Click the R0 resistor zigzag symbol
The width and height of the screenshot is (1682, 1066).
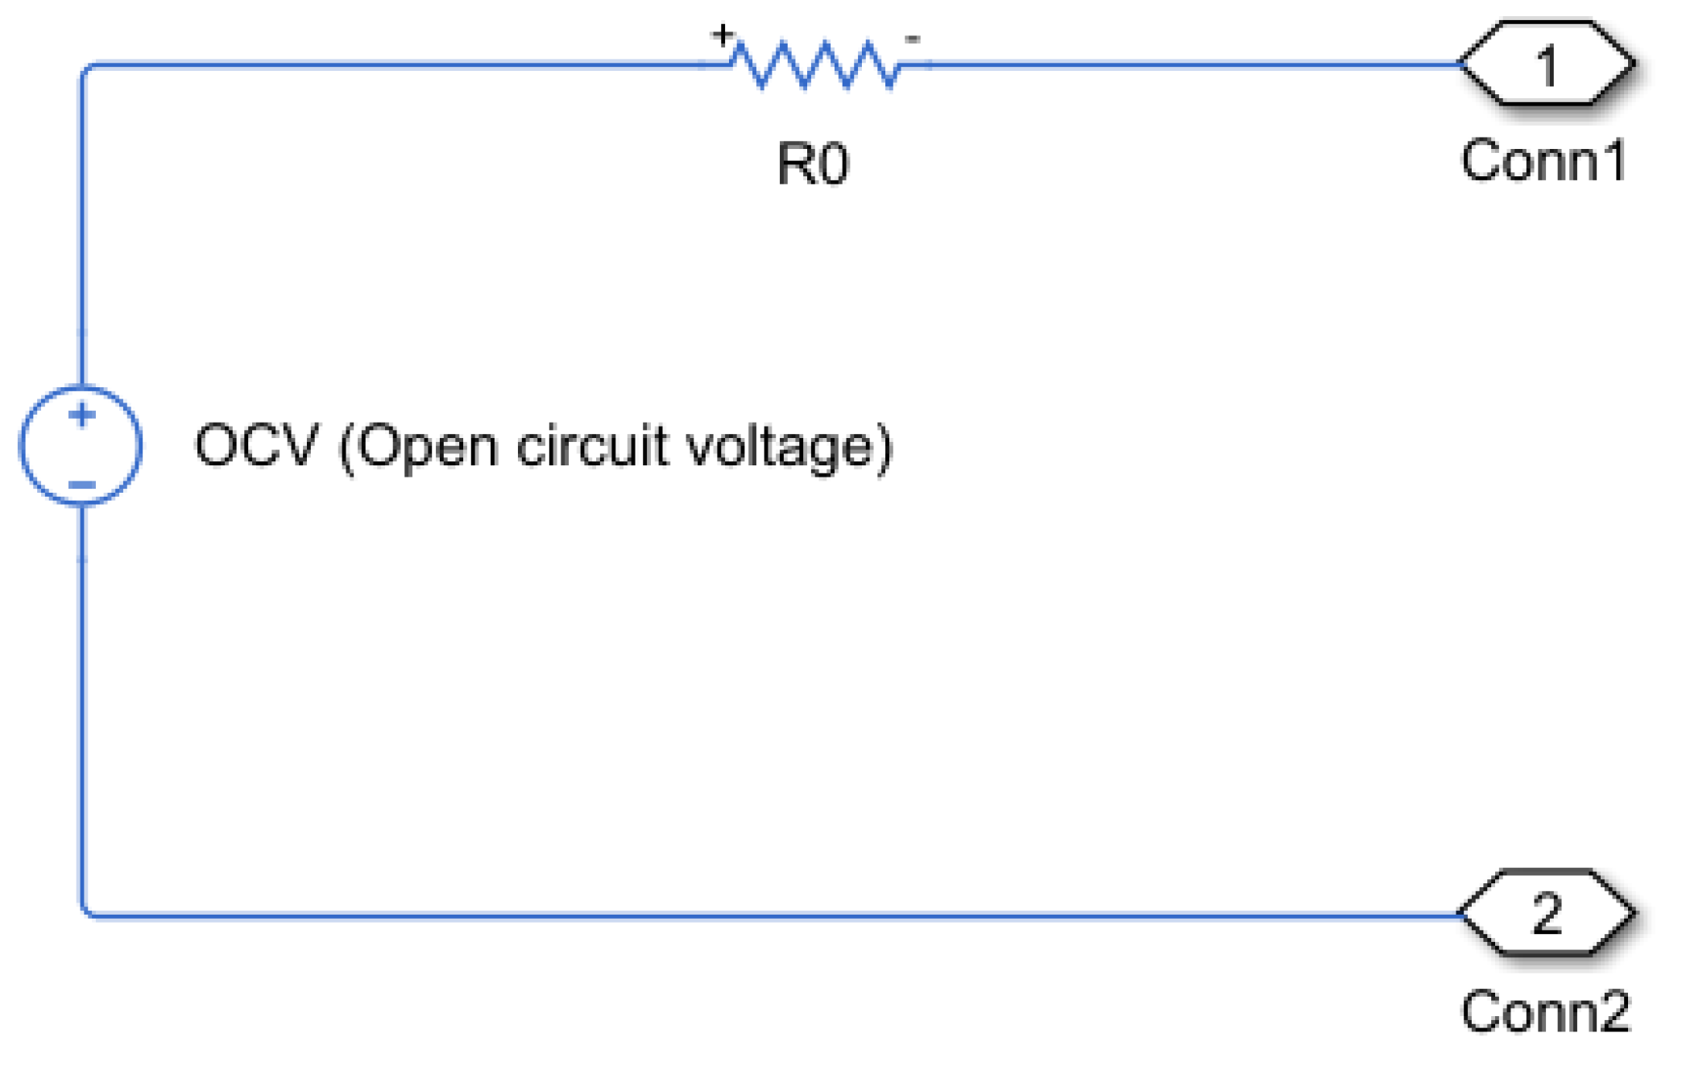(x=815, y=64)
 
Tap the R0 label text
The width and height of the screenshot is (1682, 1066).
(x=813, y=164)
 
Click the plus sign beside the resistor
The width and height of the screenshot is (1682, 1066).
(x=722, y=35)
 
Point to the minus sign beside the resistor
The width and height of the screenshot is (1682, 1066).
(x=912, y=38)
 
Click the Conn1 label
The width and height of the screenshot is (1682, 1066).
(x=1544, y=161)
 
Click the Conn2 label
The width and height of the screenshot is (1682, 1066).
(x=1546, y=1010)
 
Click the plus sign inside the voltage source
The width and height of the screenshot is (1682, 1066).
(x=81, y=415)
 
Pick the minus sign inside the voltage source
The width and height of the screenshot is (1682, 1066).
(x=81, y=484)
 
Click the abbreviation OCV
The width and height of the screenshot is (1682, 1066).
(x=256, y=444)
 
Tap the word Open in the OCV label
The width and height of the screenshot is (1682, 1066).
(x=427, y=448)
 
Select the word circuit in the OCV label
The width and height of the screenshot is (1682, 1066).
(x=592, y=444)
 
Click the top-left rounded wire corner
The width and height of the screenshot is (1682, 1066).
(x=85, y=68)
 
